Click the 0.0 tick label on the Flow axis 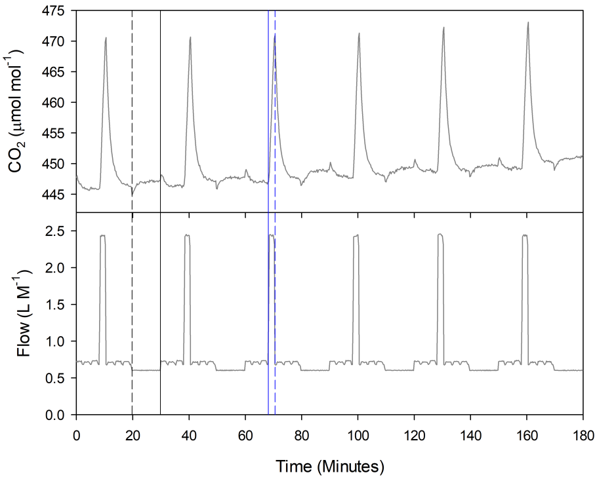pyautogui.click(x=59, y=415)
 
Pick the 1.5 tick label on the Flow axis pyautogui.click(x=59, y=305)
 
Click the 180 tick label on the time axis pyautogui.click(x=583, y=434)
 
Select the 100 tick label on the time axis pyautogui.click(x=358, y=434)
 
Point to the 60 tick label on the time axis pyautogui.click(x=245, y=434)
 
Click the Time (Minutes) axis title pyautogui.click(x=329, y=466)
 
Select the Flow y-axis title pyautogui.click(x=20, y=313)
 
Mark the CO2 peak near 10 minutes pyautogui.click(x=106, y=38)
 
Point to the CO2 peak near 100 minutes pyautogui.click(x=359, y=33)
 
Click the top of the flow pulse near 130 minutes pyautogui.click(x=440, y=235)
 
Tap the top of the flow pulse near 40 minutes pyautogui.click(x=187, y=235)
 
